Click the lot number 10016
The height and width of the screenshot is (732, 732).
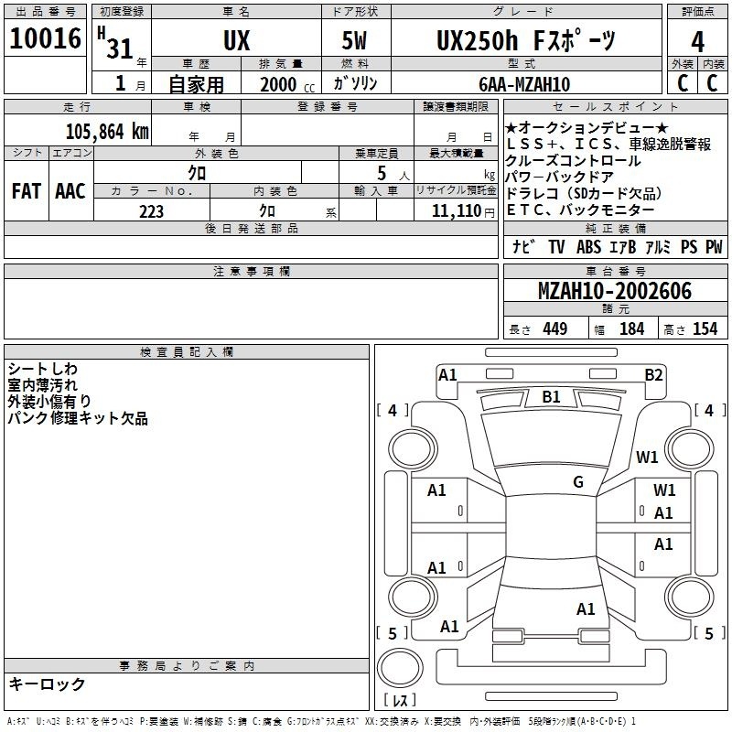45,38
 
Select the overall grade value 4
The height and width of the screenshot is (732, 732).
697,41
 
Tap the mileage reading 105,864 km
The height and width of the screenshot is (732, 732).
107,132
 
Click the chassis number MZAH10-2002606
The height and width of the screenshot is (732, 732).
615,291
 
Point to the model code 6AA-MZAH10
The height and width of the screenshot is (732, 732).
524,84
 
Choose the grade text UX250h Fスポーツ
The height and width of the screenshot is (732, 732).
526,40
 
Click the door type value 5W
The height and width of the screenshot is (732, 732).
354,40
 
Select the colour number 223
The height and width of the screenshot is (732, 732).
151,211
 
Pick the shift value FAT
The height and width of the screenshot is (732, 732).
27,191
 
